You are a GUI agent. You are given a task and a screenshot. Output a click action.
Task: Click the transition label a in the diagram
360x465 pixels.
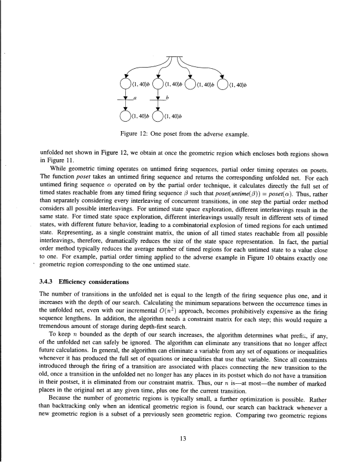click(135, 100)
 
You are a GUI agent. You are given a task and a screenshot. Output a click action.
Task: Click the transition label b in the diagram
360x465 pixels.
click(168, 100)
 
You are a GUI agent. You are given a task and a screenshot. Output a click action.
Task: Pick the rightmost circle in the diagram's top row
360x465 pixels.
click(223, 83)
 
